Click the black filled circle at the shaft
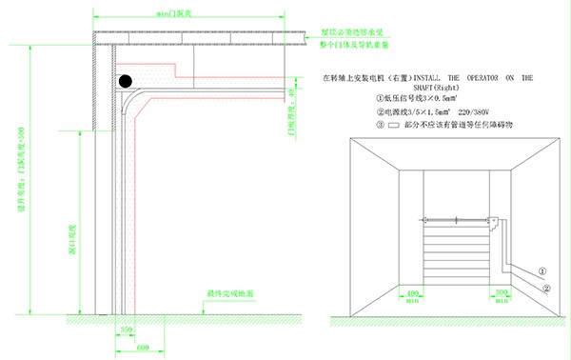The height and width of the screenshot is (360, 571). tap(125, 81)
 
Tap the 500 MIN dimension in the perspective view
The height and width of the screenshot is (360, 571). tap(502, 291)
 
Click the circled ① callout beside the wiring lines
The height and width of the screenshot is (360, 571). tap(541, 270)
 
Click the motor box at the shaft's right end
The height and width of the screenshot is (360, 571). tap(494, 224)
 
